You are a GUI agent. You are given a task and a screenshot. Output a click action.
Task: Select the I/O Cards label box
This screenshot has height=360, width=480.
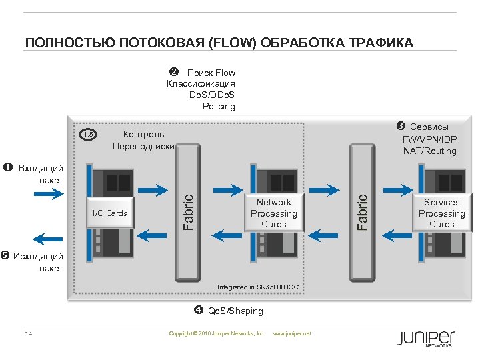point(110,213)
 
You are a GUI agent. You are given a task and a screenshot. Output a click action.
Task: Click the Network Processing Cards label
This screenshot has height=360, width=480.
point(273,213)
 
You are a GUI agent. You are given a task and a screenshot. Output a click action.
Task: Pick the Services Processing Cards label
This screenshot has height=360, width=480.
point(441,213)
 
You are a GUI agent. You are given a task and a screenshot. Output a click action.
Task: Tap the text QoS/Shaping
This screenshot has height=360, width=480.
point(235,311)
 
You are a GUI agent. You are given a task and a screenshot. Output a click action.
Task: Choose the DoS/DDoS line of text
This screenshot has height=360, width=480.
point(212,95)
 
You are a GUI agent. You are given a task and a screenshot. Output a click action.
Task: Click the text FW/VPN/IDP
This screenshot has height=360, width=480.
point(429,139)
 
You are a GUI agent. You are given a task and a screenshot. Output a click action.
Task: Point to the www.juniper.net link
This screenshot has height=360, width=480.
point(292,333)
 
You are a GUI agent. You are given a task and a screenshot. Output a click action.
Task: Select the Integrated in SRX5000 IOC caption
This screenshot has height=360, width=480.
point(258,287)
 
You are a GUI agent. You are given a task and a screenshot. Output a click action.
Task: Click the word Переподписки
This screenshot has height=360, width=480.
point(143,146)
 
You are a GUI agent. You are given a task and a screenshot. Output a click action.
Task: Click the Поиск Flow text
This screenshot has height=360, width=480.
point(211,73)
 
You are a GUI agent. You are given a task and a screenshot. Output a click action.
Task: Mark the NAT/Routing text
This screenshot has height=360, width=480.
point(429,151)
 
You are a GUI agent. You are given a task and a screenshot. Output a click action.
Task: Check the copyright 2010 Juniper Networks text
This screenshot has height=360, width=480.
point(217,333)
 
